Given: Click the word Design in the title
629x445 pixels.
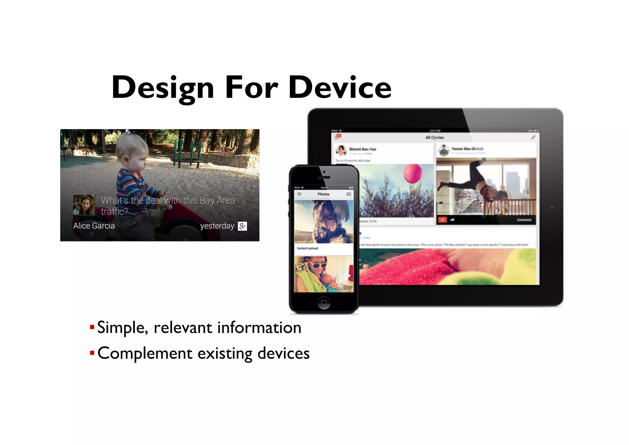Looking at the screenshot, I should tap(163, 88).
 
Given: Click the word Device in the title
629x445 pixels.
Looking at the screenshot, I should tap(340, 88).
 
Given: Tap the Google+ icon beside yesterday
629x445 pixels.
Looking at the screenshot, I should tap(242, 226).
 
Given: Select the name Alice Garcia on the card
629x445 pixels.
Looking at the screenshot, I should tap(94, 226).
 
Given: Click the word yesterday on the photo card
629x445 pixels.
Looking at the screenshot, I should tap(217, 226).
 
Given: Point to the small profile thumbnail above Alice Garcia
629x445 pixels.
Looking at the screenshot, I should tap(84, 205).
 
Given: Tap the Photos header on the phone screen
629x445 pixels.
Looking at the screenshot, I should tap(323, 194).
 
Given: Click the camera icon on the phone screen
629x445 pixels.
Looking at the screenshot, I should tap(349, 194).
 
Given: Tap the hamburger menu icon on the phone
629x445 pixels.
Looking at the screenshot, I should tap(299, 194).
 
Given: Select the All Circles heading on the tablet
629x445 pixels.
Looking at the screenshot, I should tap(434, 137).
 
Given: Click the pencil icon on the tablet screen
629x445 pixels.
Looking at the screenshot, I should tap(533, 137).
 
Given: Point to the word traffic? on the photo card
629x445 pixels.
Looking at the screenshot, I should tap(114, 212).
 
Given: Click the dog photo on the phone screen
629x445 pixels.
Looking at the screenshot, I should tap(324, 221).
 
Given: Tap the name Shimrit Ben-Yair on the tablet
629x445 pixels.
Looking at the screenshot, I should tap(362, 149).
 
